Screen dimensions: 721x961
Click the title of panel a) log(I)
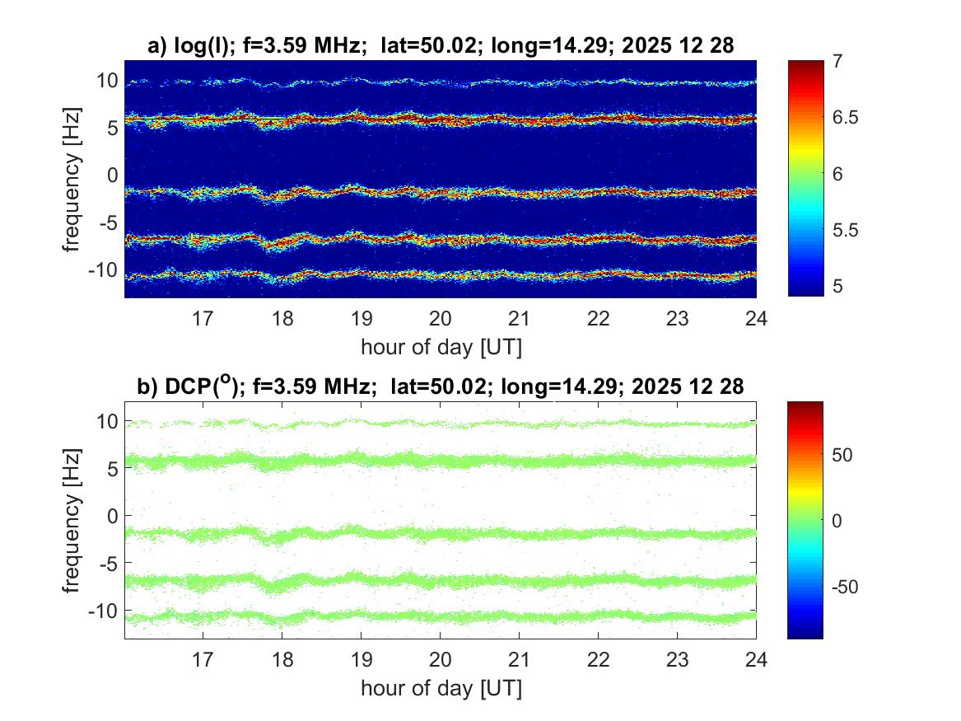click(440, 47)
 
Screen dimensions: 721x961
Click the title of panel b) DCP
click(440, 386)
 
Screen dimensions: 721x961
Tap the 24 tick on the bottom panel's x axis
click(756, 660)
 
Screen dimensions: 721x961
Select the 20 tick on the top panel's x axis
click(440, 319)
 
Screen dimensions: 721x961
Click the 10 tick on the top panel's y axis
click(108, 81)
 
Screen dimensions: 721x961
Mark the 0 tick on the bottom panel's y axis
click(113, 516)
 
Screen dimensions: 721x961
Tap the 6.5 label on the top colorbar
click(847, 118)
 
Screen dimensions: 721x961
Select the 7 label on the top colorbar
click(840, 62)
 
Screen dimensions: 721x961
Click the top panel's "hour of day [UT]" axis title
click(440, 347)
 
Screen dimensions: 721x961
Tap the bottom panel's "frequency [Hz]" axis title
click(73, 520)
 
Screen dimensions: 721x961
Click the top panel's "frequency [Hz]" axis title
click(73, 179)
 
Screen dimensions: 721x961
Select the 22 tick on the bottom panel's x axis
click(598, 660)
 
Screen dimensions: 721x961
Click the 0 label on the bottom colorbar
click(841, 521)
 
